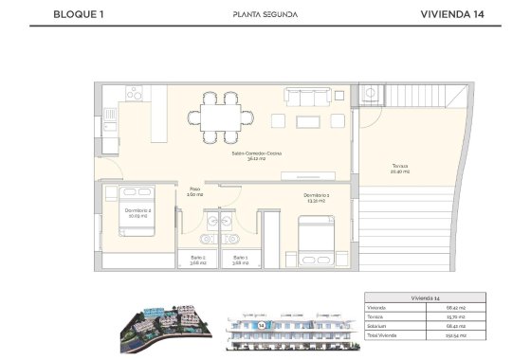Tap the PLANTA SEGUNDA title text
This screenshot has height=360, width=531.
pos(265,14)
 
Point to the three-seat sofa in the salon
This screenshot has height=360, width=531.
pos(308,95)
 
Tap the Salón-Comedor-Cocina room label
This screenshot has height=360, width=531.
pos(256,156)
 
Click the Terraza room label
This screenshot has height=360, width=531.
pos(399,169)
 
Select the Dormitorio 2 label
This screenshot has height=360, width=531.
pos(137,213)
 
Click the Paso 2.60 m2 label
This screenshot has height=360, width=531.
pos(193,191)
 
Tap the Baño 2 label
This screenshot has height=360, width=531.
pos(196,260)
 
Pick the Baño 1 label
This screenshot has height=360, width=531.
pos(240,260)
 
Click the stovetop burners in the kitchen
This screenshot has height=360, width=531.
pos(135,94)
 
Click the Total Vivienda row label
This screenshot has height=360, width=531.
pos(383,335)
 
